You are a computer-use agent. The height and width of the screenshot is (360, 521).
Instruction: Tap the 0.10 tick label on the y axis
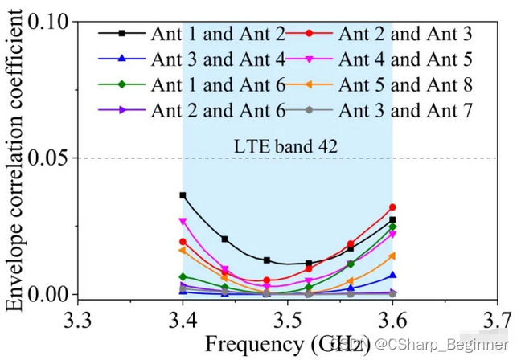pos(51,22)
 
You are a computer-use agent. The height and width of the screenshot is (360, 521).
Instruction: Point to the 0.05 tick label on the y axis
pos(51,157)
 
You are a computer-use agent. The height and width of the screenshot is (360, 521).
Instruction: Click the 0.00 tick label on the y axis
pos(51,294)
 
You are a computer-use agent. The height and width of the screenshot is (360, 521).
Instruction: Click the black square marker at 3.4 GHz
pos(183,195)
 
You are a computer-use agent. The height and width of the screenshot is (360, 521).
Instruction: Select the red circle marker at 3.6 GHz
pos(392,207)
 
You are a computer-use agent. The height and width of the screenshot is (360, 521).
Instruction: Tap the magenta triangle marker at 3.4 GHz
pos(183,221)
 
